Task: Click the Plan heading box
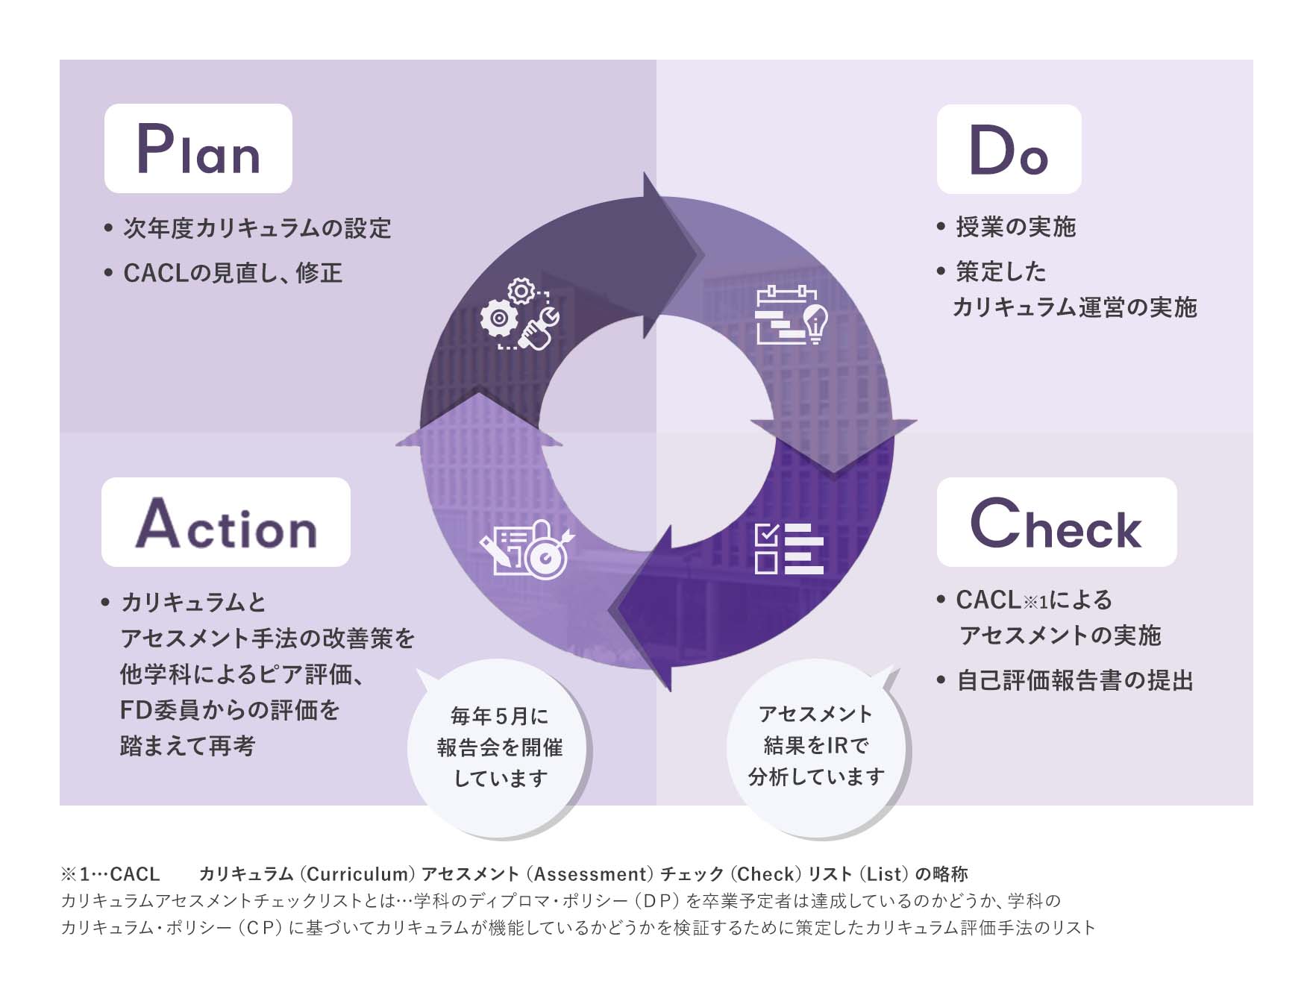(x=198, y=148)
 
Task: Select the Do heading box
(x=1009, y=149)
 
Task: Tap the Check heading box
(x=1056, y=522)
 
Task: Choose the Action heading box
(x=226, y=522)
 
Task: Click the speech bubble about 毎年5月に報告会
(x=500, y=747)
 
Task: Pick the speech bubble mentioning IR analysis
(x=816, y=745)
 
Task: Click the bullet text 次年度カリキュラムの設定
(x=257, y=228)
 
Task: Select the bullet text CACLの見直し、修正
(x=233, y=273)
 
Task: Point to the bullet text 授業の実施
(x=1015, y=227)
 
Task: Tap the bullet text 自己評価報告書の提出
(x=1074, y=680)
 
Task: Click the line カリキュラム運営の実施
(x=1074, y=307)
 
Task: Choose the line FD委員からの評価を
(x=230, y=710)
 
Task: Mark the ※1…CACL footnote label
(x=110, y=873)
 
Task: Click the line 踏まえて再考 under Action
(x=188, y=746)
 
